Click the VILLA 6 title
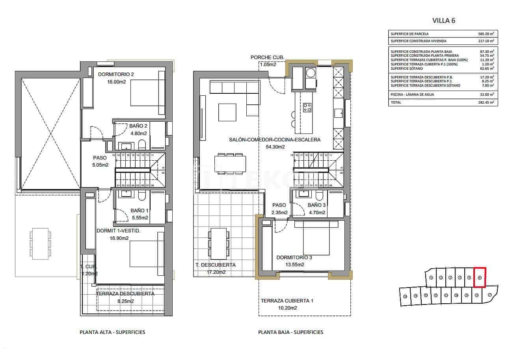pos(444,21)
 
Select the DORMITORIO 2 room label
pos(116,74)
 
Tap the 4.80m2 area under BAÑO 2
pos(138,133)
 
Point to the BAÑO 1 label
pos(140,211)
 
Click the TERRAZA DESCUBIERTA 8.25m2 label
pos(125,297)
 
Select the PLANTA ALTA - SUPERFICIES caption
pos(112,332)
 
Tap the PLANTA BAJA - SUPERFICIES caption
pos(290,332)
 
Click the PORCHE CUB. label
pos(267,58)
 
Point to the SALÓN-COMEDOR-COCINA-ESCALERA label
pos(275,139)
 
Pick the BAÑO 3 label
pos(317,205)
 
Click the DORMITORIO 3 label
pos(294,258)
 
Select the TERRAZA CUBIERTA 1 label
pos(287,301)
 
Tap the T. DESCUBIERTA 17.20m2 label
pos(216,268)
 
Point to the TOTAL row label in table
pos(396,102)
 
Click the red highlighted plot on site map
pos(479,277)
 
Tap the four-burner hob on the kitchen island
pos(307,108)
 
